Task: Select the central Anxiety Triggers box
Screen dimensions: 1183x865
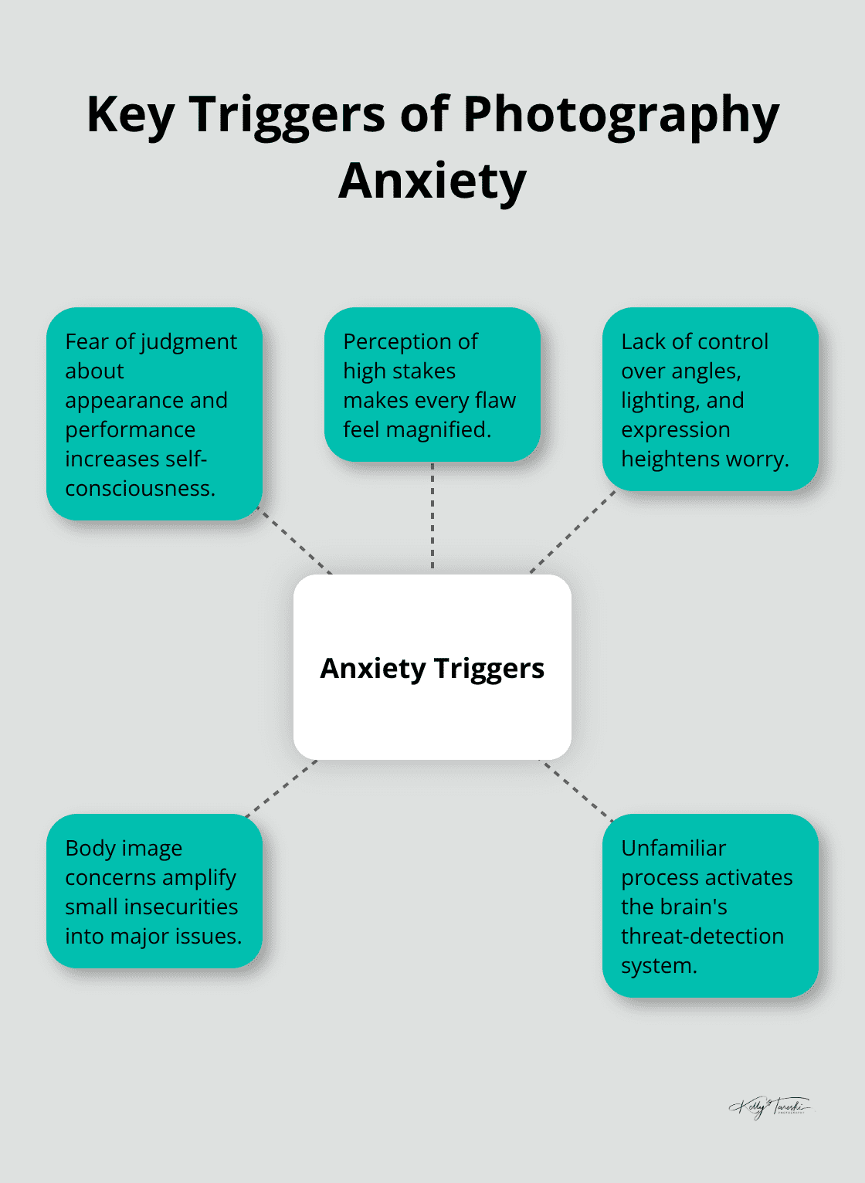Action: [432, 667]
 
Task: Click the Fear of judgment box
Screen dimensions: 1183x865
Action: [154, 414]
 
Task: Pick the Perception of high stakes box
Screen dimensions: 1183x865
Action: [432, 385]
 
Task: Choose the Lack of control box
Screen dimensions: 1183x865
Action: [710, 399]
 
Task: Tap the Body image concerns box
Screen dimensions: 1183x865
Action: [154, 891]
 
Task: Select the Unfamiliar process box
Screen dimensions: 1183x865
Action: [710, 906]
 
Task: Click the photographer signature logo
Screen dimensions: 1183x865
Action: [769, 1107]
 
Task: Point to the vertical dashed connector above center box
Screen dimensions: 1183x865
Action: [432, 517]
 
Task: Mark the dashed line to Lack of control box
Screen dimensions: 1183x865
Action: [572, 532]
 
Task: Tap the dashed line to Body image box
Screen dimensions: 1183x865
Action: [281, 788]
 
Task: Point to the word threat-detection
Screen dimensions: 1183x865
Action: [702, 936]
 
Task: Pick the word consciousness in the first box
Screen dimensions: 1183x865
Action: [139, 488]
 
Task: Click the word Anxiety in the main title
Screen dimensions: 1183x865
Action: [432, 181]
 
